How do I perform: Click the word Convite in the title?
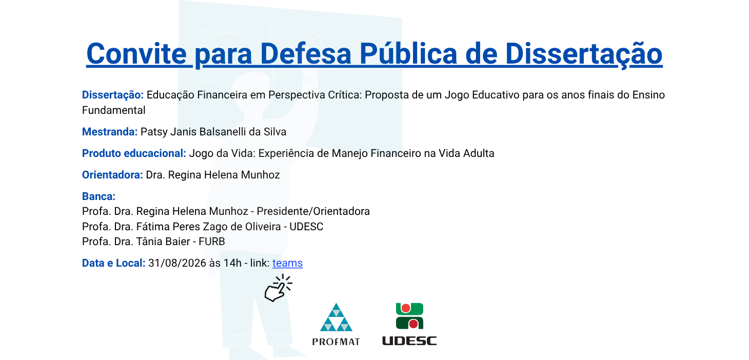[x=136, y=54]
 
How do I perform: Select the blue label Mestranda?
[x=110, y=132]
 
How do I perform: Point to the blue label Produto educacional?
[x=134, y=153]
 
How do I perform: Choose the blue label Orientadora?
[x=112, y=175]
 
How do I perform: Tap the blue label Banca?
[x=98, y=196]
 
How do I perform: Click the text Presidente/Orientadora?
[x=313, y=211]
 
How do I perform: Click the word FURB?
[x=212, y=242]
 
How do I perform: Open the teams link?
[x=287, y=263]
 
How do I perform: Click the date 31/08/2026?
[x=177, y=263]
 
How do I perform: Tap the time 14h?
[x=232, y=263]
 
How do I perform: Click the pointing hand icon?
[x=278, y=288]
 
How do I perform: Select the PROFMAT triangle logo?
[x=336, y=317]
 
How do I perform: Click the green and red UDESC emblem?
[x=409, y=316]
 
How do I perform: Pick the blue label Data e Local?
[x=114, y=263]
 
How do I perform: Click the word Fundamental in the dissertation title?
[x=114, y=110]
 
